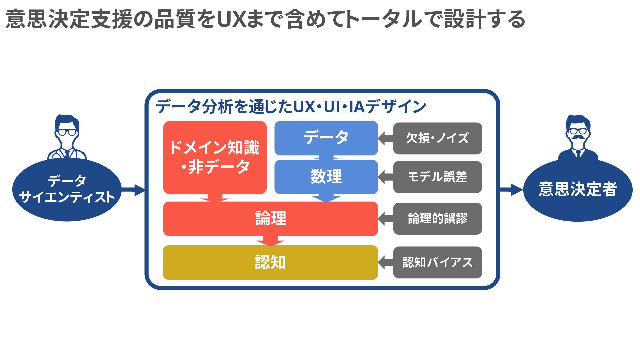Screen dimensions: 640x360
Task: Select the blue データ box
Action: pyautogui.click(x=326, y=138)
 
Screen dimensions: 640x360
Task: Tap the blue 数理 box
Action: pyautogui.click(x=326, y=177)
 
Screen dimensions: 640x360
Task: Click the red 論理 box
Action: pyautogui.click(x=270, y=219)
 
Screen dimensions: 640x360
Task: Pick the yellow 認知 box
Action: pyautogui.click(x=270, y=263)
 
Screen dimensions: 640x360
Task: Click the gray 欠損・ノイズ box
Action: pyautogui.click(x=437, y=138)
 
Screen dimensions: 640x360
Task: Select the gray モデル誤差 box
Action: pyautogui.click(x=437, y=177)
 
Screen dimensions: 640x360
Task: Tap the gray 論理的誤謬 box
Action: pyautogui.click(x=437, y=219)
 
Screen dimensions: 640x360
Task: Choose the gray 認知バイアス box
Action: pyautogui.click(x=437, y=263)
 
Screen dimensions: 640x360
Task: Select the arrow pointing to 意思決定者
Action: pyautogui.click(x=512, y=190)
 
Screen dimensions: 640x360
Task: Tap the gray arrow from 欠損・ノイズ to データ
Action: pyautogui.click(x=386, y=138)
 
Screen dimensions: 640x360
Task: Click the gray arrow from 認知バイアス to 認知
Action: pyautogui.click(x=386, y=263)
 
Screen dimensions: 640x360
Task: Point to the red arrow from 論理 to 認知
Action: pyautogui.click(x=270, y=241)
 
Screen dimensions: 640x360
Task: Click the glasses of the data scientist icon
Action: pyautogui.click(x=67, y=132)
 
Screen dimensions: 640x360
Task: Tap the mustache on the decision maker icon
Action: pyautogui.click(x=578, y=137)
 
